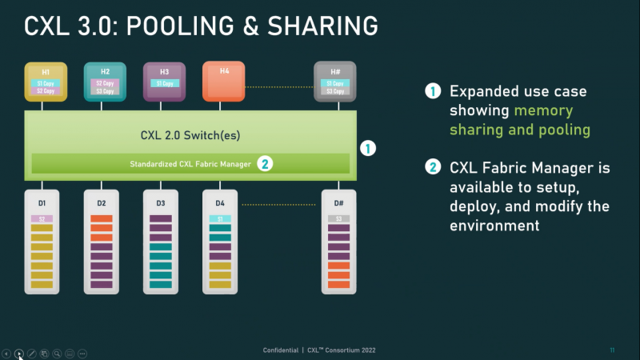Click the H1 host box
[x=46, y=80]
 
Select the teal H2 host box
[x=105, y=80]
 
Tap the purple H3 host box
[x=163, y=80]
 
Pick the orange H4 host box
[x=223, y=80]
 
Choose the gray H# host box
[x=334, y=80]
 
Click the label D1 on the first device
[x=42, y=204]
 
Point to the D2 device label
[x=102, y=204]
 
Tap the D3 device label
[x=160, y=204]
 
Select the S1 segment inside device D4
[x=220, y=218]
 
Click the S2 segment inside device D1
[x=42, y=218]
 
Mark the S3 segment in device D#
[x=338, y=218]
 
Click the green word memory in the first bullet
[x=544, y=110]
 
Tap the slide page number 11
[x=611, y=350]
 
